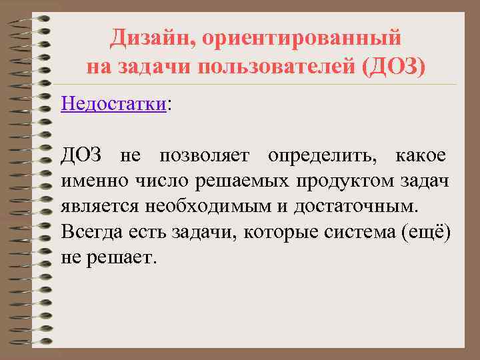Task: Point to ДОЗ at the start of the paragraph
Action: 81,156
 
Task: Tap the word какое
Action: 421,156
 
